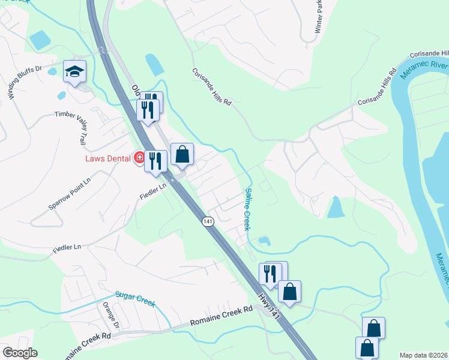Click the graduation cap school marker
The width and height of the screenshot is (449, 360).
(74, 72)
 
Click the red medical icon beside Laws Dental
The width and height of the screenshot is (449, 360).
(139, 158)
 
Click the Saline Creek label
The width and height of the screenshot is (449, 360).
(246, 209)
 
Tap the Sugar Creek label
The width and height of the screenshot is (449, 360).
(135, 299)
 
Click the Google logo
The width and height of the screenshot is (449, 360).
(20, 353)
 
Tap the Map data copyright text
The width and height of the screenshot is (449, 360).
(424, 355)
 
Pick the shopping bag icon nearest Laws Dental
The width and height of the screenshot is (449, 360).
(182, 155)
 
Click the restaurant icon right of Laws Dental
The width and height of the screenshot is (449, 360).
(155, 161)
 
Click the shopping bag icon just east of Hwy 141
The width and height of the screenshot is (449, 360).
(289, 292)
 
